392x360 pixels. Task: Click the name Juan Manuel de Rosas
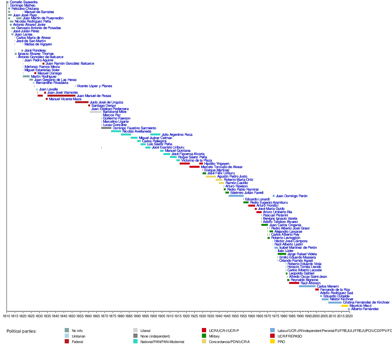94,96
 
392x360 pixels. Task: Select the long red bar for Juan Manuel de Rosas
61,96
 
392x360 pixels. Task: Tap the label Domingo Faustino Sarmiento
134,128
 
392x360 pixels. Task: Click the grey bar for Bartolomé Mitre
96,112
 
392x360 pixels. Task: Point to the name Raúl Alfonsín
310,283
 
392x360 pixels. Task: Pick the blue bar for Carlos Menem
307,286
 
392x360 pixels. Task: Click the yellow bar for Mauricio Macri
345,306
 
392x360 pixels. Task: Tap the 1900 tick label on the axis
153,316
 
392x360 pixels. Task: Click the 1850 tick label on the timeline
72,316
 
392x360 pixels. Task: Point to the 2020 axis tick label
349,316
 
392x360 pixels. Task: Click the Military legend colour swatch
204,336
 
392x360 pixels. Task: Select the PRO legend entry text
281,342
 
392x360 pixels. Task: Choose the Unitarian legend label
78,336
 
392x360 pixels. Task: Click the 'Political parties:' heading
22,331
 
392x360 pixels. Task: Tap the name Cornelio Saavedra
24,2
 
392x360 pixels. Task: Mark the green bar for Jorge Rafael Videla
282,254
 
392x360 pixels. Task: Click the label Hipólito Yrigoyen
217,164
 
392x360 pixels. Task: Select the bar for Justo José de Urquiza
82,102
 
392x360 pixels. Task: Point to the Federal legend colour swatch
67,342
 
